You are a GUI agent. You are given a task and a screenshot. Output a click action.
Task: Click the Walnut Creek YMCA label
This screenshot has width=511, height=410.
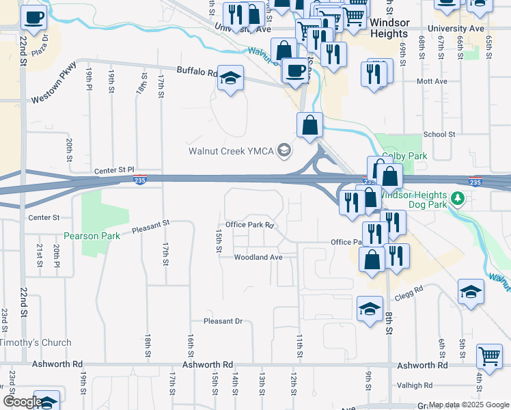232,150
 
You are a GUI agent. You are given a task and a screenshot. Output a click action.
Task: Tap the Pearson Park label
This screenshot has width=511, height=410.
92,236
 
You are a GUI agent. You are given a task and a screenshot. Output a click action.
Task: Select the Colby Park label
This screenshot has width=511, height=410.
404,156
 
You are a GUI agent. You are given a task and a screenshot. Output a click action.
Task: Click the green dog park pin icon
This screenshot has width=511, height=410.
460,199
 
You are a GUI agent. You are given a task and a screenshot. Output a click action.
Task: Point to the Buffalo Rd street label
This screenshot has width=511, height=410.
197,71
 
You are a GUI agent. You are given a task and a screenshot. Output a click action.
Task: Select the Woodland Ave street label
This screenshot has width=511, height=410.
258,258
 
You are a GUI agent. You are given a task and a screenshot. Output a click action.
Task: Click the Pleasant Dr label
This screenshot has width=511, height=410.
223,321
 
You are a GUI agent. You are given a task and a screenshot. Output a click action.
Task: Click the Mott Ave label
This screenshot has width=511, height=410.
432,81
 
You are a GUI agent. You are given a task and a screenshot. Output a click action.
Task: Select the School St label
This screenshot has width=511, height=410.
439,135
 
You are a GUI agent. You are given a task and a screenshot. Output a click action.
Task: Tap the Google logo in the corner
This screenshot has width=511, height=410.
22,402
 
